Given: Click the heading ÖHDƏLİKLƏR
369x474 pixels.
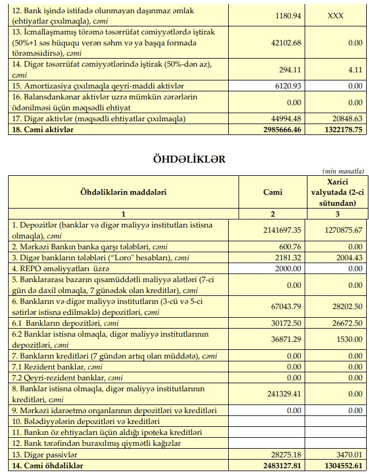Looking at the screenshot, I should [184, 159].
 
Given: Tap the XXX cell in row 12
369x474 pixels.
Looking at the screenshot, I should [335, 16].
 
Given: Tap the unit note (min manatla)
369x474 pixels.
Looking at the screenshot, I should [344, 171].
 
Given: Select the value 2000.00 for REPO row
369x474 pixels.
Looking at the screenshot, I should [287, 268].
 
